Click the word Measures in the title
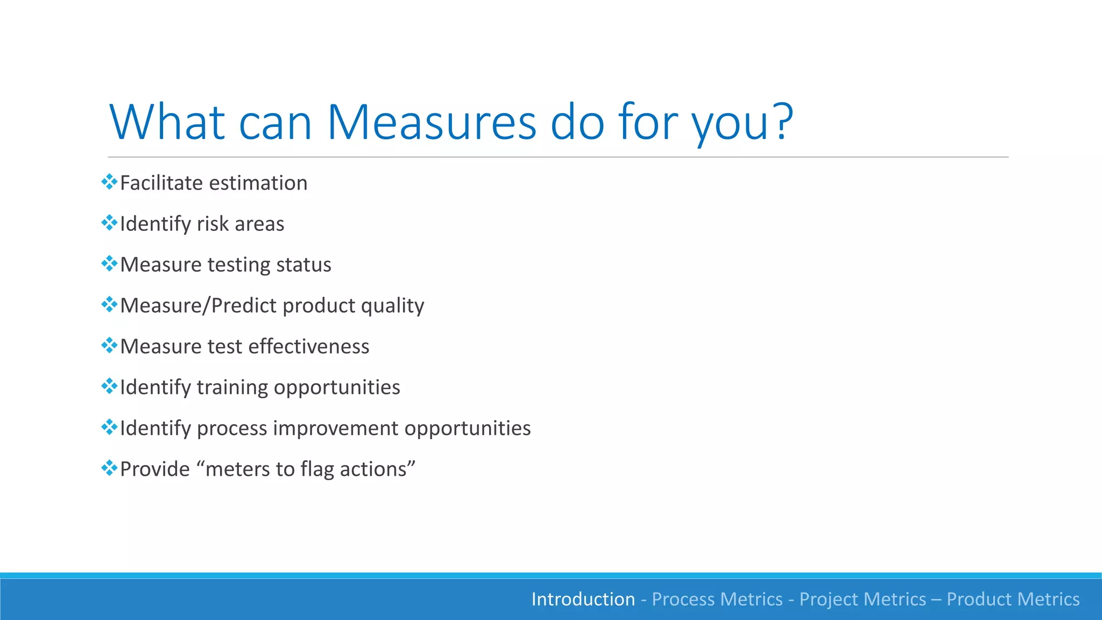tap(431, 122)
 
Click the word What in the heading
tap(166, 122)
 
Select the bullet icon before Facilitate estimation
tap(109, 182)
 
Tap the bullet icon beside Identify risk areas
tap(109, 223)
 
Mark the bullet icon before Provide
tap(109, 468)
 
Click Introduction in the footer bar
tap(583, 599)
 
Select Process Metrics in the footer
tap(717, 599)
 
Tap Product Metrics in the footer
tap(1013, 599)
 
